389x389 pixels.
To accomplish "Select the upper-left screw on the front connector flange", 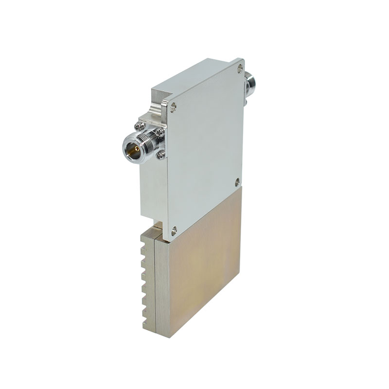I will pos(141,126).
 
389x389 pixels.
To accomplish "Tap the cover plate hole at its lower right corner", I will pos(237,182).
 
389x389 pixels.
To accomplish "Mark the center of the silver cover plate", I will pos(204,146).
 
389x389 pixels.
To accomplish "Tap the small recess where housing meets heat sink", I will pos(158,225).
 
